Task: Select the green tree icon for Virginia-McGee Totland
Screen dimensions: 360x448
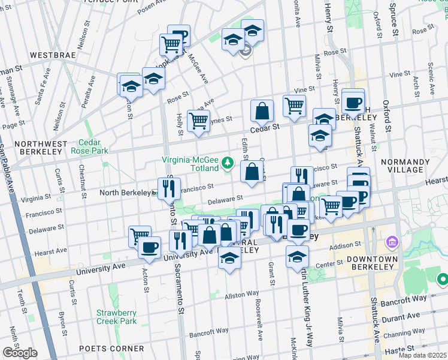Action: [227, 161]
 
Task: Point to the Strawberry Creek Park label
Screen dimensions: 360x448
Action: [117, 317]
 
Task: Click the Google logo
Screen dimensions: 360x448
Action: [20, 353]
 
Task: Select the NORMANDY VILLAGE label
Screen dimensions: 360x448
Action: [417, 166]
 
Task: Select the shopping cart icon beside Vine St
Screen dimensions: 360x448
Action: [294, 106]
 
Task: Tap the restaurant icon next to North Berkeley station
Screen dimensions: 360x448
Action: [169, 188]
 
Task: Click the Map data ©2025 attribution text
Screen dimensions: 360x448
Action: [422, 355]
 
